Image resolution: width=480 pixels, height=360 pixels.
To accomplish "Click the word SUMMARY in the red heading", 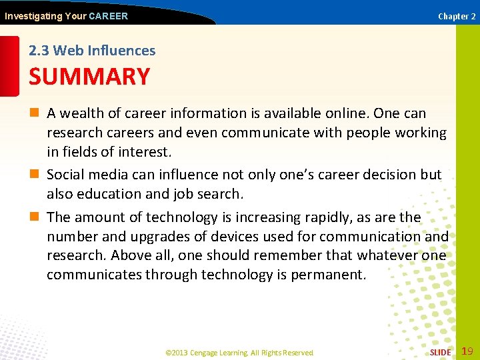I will tap(89, 77).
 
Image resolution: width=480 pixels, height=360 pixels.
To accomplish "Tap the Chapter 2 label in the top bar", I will tap(456, 16).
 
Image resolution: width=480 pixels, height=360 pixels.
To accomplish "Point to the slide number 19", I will tap(467, 351).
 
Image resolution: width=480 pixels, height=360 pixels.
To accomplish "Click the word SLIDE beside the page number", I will tap(440, 352).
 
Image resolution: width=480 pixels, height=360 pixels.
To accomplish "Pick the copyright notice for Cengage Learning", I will tap(239, 353).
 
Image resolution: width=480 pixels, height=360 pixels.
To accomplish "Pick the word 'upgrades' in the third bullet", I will tap(153, 237).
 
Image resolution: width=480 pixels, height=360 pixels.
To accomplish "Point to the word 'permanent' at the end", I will tap(327, 275).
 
